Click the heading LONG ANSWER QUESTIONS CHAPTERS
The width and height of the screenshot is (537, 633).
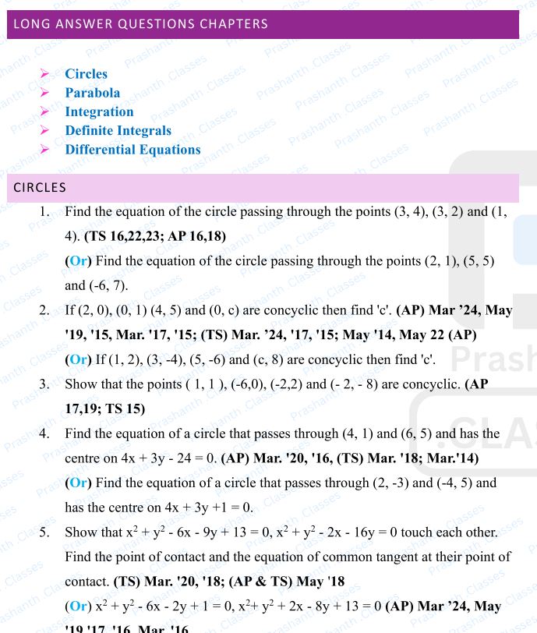[140, 23]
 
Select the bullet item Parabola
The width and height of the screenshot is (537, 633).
[92, 93]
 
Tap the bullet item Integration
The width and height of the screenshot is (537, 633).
[99, 111]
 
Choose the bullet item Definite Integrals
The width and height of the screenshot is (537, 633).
[118, 130]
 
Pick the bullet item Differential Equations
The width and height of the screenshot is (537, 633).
[132, 149]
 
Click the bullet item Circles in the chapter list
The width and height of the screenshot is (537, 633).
[86, 74]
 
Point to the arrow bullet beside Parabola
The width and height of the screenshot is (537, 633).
[44, 93]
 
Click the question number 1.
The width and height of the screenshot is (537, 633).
[44, 212]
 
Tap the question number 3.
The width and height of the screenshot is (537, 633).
[44, 384]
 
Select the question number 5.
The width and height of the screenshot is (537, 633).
[44, 532]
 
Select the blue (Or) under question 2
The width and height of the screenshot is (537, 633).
[78, 360]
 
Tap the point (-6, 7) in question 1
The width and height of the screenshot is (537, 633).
[110, 285]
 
